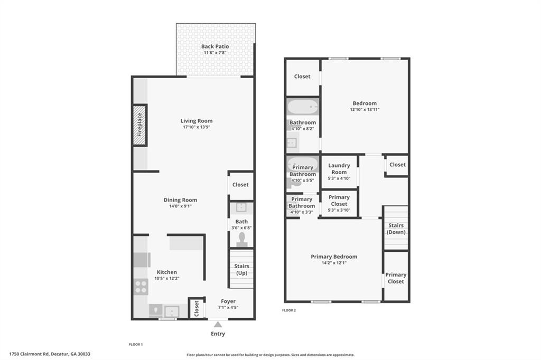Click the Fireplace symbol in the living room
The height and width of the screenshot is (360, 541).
139,125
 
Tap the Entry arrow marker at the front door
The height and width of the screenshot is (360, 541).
218,325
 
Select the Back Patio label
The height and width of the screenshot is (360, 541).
215,46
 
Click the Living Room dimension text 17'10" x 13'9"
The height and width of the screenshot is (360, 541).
197,128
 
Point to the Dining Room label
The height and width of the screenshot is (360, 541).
180,200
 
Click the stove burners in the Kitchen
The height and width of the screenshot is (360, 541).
141,286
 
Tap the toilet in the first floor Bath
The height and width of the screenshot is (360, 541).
242,240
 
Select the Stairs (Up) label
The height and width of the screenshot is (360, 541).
241,269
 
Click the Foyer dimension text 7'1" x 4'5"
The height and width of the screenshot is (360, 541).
228,308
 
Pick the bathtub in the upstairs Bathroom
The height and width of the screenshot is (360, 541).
303,108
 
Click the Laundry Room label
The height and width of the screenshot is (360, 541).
339,168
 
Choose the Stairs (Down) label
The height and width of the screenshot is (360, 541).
395,229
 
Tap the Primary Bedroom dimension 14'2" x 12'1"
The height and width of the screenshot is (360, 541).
333,263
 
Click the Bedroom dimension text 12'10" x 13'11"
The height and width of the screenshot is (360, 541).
365,110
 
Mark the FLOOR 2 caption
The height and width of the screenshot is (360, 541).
289,310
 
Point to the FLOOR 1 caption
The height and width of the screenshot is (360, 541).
136,344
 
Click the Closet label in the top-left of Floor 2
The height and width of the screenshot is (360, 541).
302,77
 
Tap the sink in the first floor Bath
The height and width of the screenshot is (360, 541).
241,207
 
